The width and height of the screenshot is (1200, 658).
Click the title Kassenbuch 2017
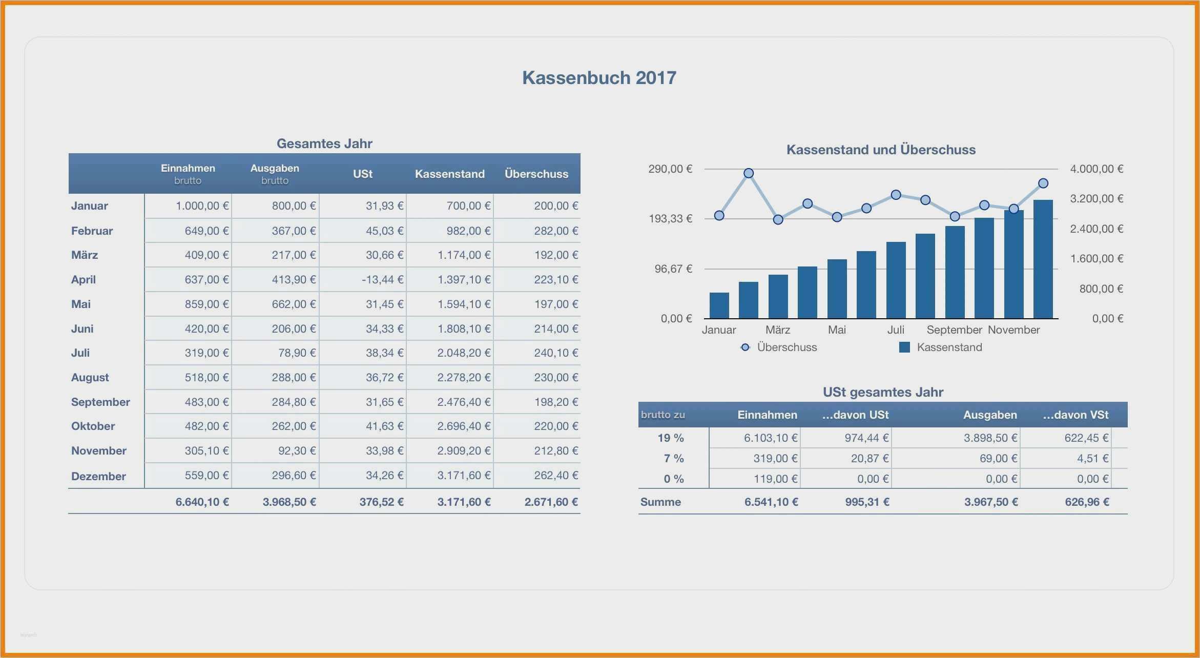pos(599,78)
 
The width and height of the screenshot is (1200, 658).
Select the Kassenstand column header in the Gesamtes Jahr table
pos(449,174)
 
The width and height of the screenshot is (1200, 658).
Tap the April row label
pos(84,280)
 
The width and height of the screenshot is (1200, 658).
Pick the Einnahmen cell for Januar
pos(202,206)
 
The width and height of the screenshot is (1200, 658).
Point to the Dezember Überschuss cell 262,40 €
pos(555,476)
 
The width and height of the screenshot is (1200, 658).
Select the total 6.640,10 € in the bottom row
pos(202,502)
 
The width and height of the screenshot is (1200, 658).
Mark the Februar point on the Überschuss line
pos(749,173)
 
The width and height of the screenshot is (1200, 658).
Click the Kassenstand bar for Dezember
pos(1043,259)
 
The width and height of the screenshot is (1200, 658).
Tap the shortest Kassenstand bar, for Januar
pos(719,305)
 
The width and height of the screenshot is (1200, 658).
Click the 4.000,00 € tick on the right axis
pos(1096,169)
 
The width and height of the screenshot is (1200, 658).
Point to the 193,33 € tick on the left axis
pos(670,219)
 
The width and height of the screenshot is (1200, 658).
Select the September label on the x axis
pos(954,330)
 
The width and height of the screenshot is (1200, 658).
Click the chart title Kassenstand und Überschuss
pos(881,150)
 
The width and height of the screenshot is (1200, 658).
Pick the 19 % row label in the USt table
pos(671,438)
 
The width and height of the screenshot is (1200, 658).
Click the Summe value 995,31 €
pos(867,502)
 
